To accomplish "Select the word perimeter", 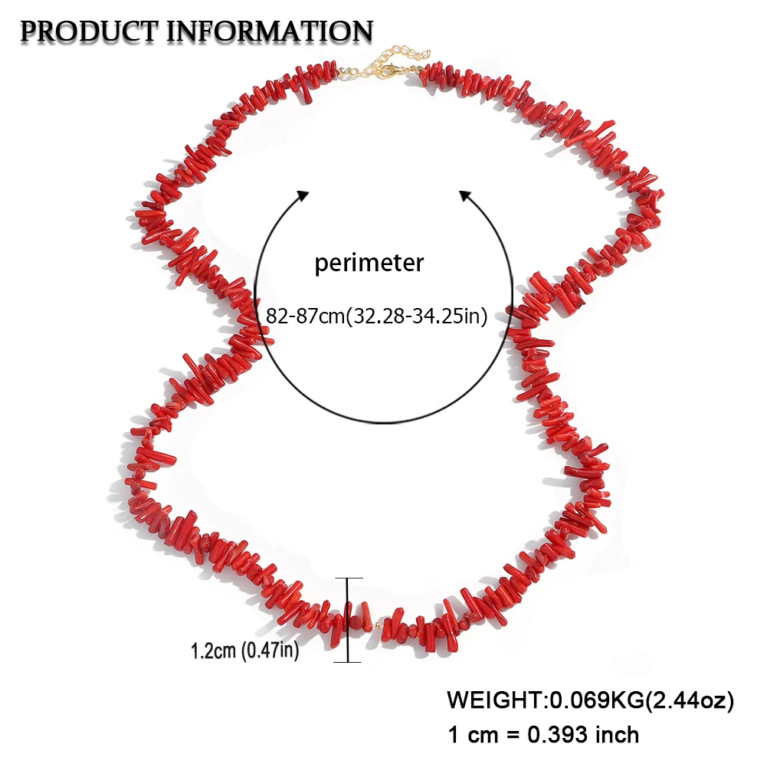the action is coord(369,264).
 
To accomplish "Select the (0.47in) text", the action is coord(269,652).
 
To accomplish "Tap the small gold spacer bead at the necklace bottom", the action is coord(376,626).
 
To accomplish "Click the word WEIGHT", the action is coord(494,700).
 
